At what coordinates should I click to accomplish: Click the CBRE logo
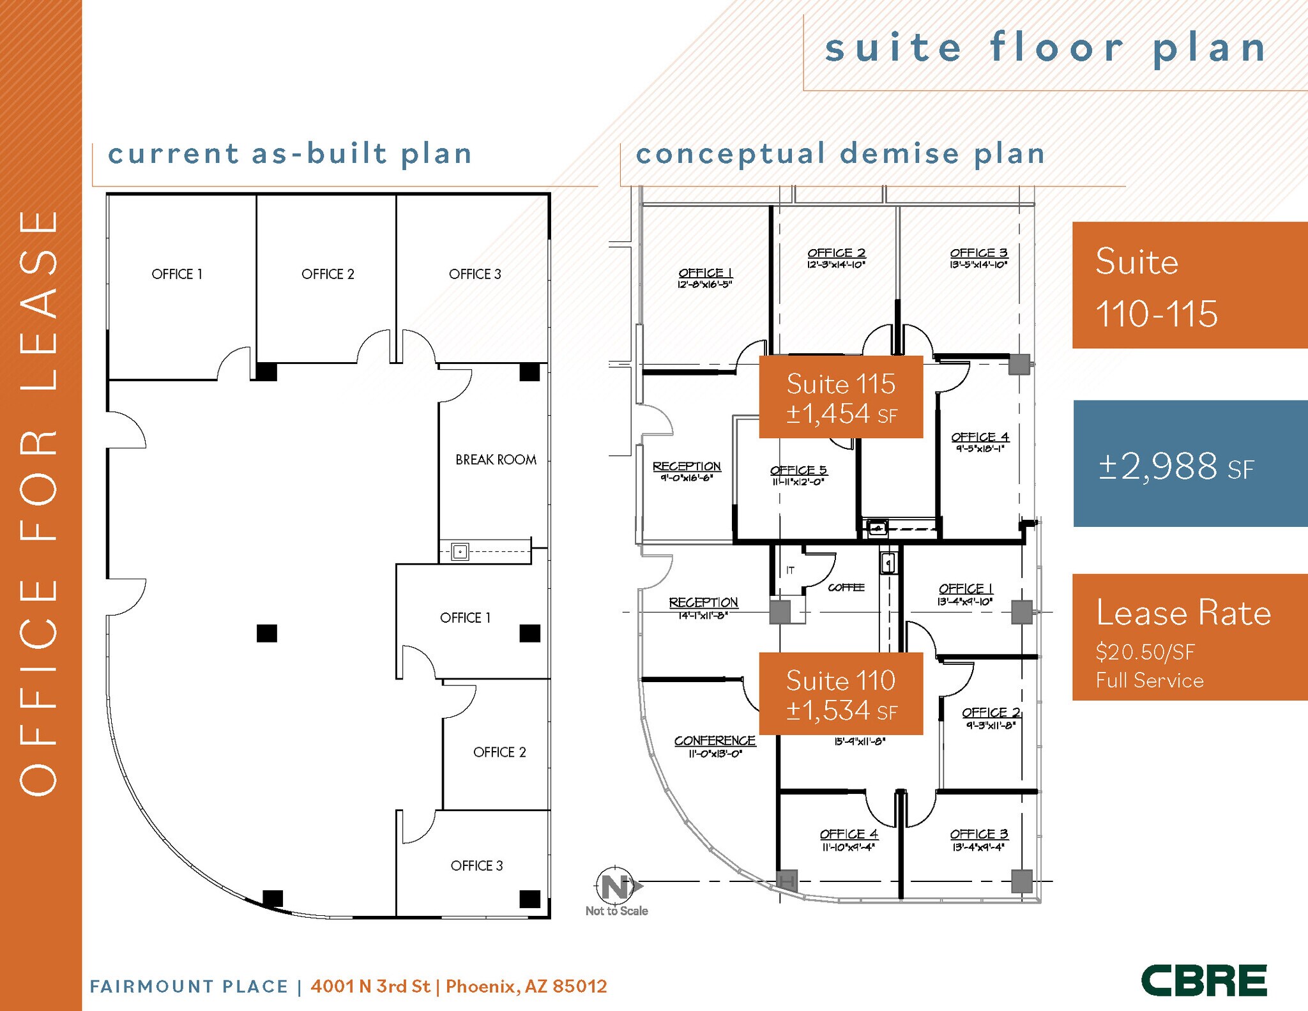[1204, 980]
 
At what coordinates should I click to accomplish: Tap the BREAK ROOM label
[496, 460]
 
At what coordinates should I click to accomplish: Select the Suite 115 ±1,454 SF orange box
[840, 397]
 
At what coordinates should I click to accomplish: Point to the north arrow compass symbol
[616, 886]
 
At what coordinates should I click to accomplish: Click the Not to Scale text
[616, 911]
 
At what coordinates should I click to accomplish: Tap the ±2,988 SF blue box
[1189, 464]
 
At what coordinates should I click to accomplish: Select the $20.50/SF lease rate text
[1144, 652]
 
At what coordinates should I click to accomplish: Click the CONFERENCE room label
[715, 741]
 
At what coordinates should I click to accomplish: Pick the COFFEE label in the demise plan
[846, 588]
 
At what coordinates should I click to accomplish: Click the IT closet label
[790, 570]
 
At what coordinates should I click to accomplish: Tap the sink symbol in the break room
[460, 551]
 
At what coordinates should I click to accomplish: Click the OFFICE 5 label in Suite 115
[798, 470]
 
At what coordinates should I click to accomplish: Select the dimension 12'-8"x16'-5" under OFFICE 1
[704, 285]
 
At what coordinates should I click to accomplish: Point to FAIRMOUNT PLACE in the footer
[189, 987]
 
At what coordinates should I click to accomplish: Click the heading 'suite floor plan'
[1046, 49]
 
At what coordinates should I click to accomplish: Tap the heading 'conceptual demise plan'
[840, 154]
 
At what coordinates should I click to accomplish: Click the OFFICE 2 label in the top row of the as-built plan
[328, 274]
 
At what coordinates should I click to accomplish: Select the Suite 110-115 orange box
[1189, 285]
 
